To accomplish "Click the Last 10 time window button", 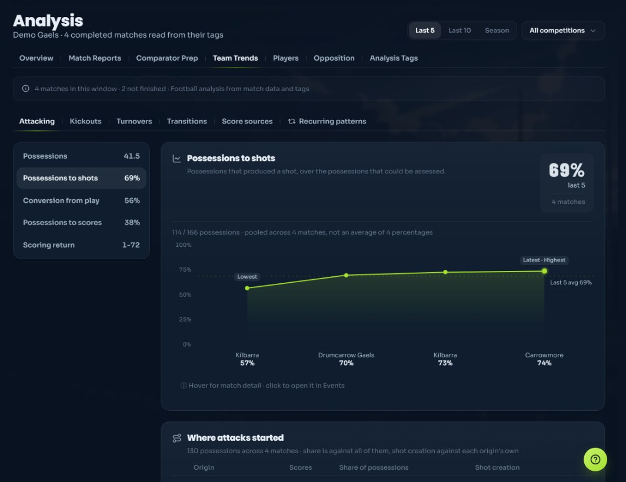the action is [x=459, y=31].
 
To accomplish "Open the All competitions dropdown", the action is [x=563, y=31].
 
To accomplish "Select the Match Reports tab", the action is [x=95, y=58].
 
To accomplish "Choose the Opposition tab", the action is [x=334, y=58].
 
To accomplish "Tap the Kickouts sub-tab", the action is [x=85, y=121].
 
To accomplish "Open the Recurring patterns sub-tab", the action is [x=327, y=121].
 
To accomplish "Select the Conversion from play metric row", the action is [x=81, y=200].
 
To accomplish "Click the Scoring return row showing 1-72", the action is [x=81, y=245].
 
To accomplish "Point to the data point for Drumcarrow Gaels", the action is [x=346, y=275].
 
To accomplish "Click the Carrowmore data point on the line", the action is [x=544, y=272].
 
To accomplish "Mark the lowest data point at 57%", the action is [x=247, y=288].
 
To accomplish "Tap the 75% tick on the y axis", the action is [x=185, y=270].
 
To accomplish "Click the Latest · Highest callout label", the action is [x=544, y=260].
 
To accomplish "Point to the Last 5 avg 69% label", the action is [x=571, y=283].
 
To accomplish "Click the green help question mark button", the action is [x=595, y=460].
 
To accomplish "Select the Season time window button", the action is [x=497, y=31].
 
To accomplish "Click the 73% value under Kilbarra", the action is [x=445, y=363].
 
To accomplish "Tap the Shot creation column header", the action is [x=497, y=467].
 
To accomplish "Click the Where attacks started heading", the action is [x=235, y=438].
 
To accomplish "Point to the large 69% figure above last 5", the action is [x=567, y=170].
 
